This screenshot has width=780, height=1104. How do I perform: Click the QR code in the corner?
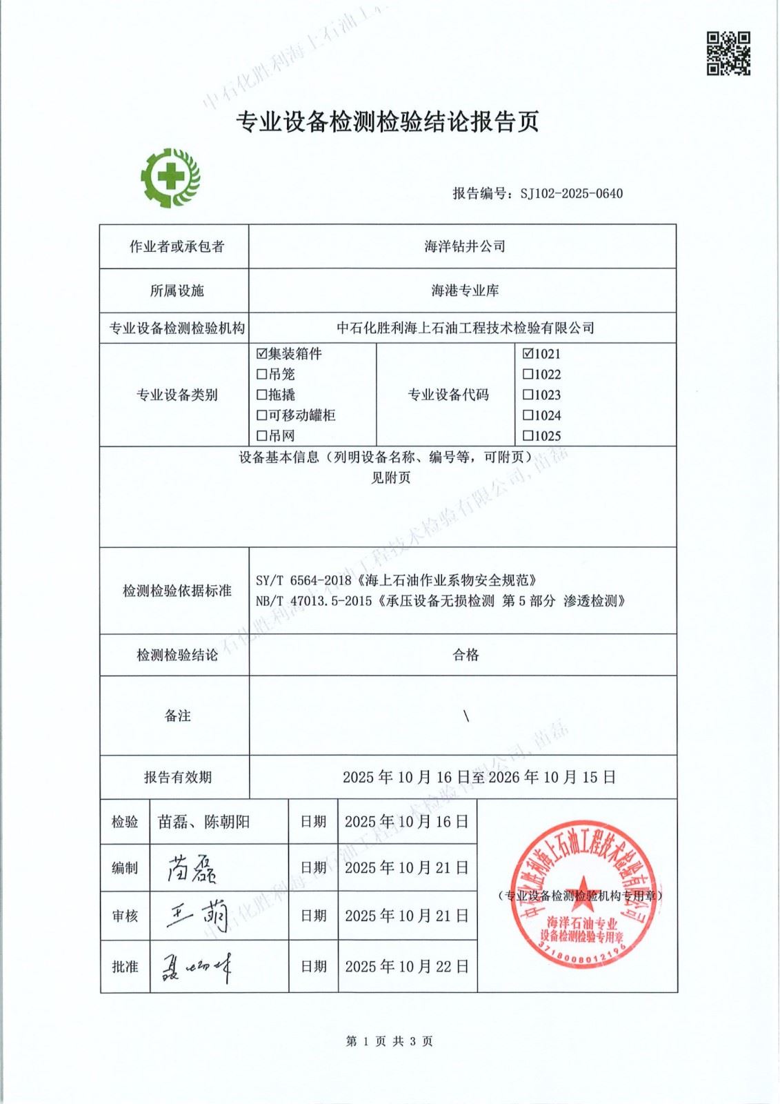pos(728,53)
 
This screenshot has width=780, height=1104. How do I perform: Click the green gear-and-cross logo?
pos(170,178)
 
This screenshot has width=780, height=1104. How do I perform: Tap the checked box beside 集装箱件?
pos(261,354)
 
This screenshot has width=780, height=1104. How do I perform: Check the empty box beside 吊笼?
pos(261,375)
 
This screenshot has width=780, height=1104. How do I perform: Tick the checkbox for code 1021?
pos(528,354)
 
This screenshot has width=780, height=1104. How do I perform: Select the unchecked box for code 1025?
pos(528,436)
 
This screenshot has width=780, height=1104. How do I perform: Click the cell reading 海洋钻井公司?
pos(464,246)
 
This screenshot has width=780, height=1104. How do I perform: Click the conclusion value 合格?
pos(466,655)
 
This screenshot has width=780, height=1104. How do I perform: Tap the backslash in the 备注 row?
pos(466,716)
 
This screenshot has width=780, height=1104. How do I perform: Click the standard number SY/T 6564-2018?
pos(303,580)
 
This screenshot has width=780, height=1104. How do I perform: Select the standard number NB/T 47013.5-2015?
pos(314,601)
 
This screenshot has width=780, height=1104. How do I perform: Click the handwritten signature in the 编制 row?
pos(192,869)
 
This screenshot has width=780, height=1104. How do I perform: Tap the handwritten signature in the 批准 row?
pos(196,967)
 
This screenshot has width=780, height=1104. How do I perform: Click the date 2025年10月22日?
pos(407,967)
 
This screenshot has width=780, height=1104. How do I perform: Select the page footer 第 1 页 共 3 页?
pos(390,1041)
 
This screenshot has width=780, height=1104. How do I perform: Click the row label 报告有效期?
pos(177,778)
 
